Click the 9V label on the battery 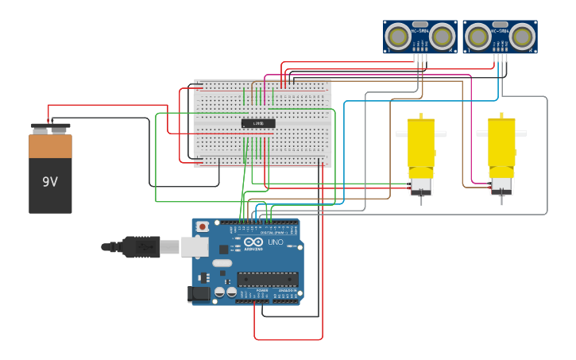(50, 182)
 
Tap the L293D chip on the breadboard (258, 123)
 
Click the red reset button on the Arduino (203, 226)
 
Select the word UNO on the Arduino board (276, 242)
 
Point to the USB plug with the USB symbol (143, 247)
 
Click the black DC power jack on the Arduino (199, 294)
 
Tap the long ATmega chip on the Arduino (268, 279)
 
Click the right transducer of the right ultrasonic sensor (521, 37)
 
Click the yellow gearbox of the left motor (420, 143)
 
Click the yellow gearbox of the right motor (501, 143)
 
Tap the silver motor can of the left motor (420, 184)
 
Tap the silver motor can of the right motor (501, 184)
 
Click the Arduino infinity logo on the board (253, 242)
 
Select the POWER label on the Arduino (262, 291)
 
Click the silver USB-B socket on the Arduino (195, 247)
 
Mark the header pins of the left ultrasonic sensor (420, 57)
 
